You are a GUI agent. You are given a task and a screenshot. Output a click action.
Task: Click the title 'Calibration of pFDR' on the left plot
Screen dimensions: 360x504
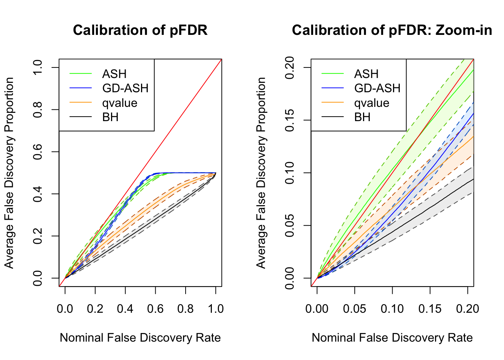click(140, 30)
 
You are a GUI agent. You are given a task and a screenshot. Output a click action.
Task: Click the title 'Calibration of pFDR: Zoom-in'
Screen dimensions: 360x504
click(392, 30)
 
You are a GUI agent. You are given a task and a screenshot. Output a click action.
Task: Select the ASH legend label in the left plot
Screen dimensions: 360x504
click(114, 74)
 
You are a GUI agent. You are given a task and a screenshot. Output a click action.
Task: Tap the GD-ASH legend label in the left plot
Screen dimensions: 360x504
click(125, 88)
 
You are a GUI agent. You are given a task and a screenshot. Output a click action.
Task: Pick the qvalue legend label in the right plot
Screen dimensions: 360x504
click(372, 103)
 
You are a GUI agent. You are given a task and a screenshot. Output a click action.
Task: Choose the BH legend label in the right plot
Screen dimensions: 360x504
click(362, 117)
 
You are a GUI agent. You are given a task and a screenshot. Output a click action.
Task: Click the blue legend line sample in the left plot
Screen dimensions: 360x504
click(81, 88)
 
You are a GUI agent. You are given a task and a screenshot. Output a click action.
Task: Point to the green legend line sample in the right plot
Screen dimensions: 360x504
click(333, 74)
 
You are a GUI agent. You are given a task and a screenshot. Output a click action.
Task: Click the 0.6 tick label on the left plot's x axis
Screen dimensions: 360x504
click(155, 309)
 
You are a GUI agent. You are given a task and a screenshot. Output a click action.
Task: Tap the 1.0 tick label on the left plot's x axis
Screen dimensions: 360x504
click(216, 309)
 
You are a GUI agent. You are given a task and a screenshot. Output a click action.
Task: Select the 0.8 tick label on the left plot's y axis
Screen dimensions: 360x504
click(38, 109)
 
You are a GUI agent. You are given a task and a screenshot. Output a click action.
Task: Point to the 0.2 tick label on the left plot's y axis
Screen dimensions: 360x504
click(38, 236)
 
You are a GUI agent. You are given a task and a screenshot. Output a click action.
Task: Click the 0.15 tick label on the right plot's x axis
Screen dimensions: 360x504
click(430, 309)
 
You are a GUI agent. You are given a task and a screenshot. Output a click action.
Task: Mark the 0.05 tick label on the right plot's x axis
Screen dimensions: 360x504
click(354, 309)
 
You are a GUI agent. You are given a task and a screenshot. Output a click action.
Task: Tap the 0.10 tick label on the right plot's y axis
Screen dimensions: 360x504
click(290, 173)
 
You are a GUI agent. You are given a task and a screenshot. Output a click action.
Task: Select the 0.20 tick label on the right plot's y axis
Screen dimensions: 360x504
click(290, 67)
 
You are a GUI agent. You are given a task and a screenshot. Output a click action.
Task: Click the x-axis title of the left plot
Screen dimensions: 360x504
click(140, 338)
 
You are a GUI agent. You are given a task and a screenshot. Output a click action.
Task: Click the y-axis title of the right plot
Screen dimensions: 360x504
click(261, 173)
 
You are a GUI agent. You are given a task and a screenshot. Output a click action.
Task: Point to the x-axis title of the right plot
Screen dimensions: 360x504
click(392, 338)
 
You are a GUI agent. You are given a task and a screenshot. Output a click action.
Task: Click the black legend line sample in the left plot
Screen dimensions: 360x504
click(81, 117)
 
